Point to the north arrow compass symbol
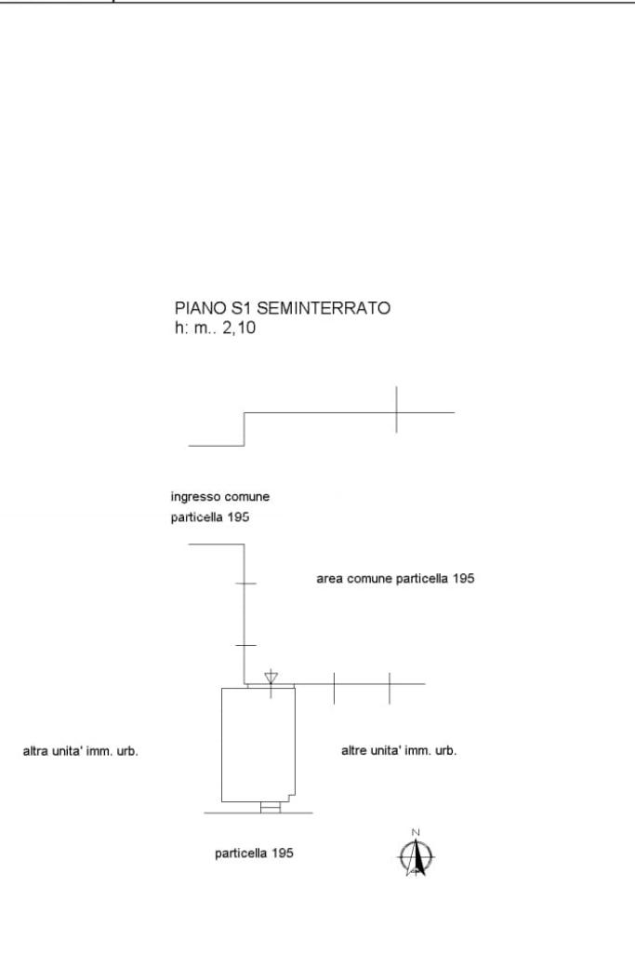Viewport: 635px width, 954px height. click(x=417, y=856)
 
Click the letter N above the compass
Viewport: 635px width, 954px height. click(x=417, y=832)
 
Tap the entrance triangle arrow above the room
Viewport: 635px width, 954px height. click(x=271, y=676)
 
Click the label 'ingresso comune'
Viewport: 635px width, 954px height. click(x=219, y=497)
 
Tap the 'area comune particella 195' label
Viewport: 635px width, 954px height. click(x=396, y=579)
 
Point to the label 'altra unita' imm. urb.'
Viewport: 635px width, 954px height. click(x=81, y=751)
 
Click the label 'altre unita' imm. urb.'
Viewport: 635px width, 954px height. click(x=400, y=751)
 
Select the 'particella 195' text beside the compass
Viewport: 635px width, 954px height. click(x=255, y=853)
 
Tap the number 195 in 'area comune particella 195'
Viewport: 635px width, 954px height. click(x=464, y=579)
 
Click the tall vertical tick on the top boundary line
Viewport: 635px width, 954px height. click(x=396, y=410)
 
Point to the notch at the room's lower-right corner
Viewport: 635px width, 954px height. click(x=290, y=798)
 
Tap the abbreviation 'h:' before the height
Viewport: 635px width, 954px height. click(x=180, y=328)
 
